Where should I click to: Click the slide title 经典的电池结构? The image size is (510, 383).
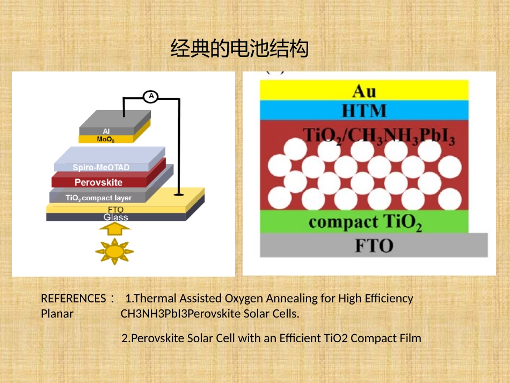coord(239,48)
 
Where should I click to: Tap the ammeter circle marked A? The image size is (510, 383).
coord(151,96)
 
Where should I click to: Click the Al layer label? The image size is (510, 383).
coord(106,131)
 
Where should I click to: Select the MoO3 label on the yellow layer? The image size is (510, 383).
coord(106,139)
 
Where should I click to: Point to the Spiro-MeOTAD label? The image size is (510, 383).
coord(101,167)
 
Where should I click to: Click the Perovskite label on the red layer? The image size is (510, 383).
coord(99,182)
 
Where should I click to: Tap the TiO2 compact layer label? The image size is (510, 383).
coord(99,198)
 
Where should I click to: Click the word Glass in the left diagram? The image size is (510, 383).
coord(116,218)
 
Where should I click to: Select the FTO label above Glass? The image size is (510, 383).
coord(116,209)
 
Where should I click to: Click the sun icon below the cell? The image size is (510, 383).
coord(114,251)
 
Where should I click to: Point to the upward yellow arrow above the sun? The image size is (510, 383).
coord(115,228)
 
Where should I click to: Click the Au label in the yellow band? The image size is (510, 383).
coord(365,91)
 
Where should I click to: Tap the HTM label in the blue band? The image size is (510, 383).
coord(365,111)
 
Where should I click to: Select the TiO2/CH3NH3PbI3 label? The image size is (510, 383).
coord(379,136)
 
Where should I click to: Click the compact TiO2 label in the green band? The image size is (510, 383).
coord(365,222)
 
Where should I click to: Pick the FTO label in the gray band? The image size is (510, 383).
coord(374,245)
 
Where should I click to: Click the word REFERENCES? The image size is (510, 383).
coord(74,298)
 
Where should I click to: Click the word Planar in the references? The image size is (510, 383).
coord(57,314)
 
